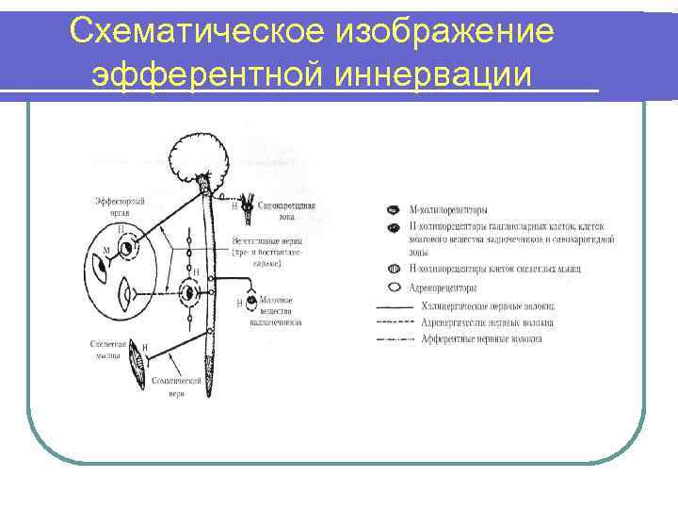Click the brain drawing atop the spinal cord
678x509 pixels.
tap(201, 156)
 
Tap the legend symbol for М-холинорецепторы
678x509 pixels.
tap(392, 209)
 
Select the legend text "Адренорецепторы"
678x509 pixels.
tap(444, 287)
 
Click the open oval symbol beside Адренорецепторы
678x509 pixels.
tap(392, 287)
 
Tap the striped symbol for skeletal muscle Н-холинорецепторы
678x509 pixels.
tap(392, 270)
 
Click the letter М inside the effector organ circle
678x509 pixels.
tap(106, 251)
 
